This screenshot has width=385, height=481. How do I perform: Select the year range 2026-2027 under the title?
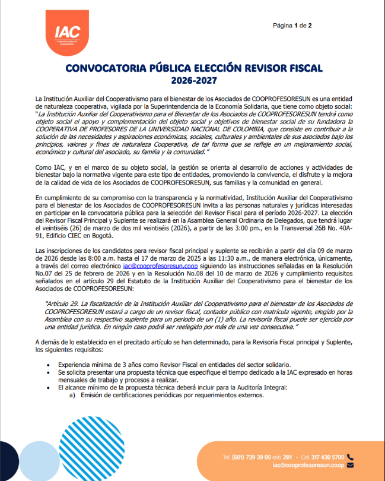(193, 80)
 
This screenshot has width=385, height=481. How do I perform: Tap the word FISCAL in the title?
(299, 68)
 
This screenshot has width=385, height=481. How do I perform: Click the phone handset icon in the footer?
(350, 457)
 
